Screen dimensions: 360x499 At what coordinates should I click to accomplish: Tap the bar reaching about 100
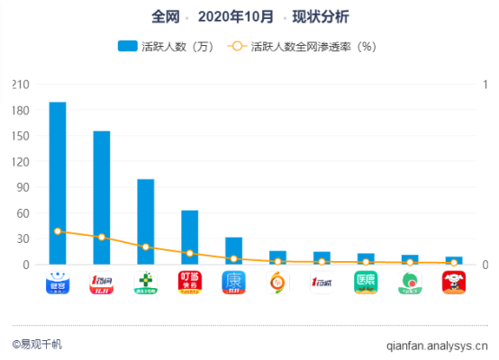click(145, 221)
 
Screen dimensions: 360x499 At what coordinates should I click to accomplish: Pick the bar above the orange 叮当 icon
click(189, 238)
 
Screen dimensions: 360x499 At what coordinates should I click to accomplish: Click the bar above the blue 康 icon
click(233, 251)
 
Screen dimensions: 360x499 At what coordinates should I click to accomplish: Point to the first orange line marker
click(58, 231)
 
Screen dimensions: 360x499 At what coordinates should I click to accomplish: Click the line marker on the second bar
click(102, 237)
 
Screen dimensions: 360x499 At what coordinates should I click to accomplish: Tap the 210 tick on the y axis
click(20, 85)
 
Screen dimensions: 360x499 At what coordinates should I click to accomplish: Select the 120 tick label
click(20, 162)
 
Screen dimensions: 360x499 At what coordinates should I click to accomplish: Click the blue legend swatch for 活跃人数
click(126, 47)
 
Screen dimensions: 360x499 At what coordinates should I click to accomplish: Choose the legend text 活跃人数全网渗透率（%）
click(313, 47)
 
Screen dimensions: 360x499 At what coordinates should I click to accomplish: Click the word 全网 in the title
click(165, 16)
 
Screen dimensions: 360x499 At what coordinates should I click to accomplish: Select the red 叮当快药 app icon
click(189, 283)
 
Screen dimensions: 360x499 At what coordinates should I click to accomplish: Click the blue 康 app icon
click(233, 283)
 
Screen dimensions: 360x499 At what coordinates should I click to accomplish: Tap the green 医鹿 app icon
click(366, 283)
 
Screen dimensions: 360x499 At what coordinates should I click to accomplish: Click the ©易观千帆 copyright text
click(39, 343)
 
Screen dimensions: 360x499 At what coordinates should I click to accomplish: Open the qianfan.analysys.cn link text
click(436, 343)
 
